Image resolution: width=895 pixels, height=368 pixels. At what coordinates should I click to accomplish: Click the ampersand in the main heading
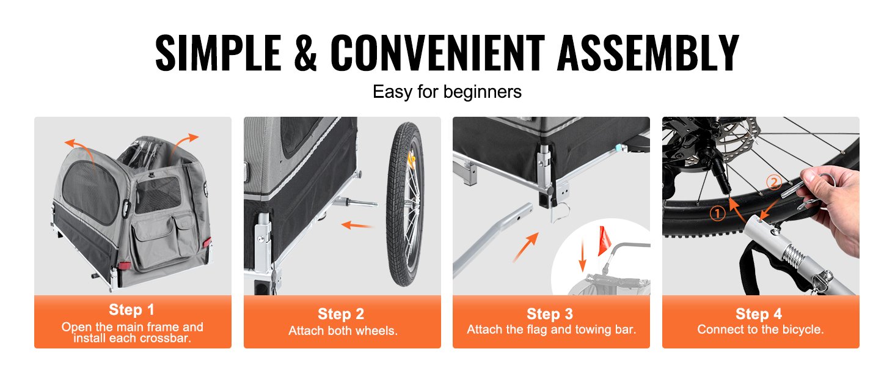(x=305, y=53)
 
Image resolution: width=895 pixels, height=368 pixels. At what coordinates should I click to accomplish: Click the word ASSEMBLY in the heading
(x=648, y=53)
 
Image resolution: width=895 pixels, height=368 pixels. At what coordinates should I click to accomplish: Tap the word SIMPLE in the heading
(x=218, y=53)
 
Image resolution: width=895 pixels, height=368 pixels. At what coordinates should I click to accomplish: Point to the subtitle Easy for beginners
(x=447, y=92)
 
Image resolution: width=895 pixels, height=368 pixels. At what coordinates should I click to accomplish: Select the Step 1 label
(x=131, y=309)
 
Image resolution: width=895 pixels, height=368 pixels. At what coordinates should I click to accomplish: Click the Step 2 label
(x=341, y=314)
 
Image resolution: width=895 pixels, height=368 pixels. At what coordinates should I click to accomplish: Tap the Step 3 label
(x=550, y=314)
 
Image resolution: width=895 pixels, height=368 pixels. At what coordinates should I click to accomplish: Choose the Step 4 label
(x=759, y=314)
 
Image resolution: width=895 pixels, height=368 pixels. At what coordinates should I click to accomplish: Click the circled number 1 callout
(x=717, y=213)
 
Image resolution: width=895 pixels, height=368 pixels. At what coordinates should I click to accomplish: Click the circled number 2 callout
(x=774, y=183)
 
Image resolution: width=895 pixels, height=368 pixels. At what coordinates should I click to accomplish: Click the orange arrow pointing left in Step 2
(x=357, y=225)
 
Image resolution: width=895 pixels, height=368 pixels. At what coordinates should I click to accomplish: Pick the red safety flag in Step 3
(x=604, y=241)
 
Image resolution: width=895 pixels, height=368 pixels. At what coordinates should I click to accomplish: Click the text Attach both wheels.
(x=343, y=331)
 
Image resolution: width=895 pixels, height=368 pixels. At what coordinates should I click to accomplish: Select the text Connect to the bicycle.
(x=761, y=329)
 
